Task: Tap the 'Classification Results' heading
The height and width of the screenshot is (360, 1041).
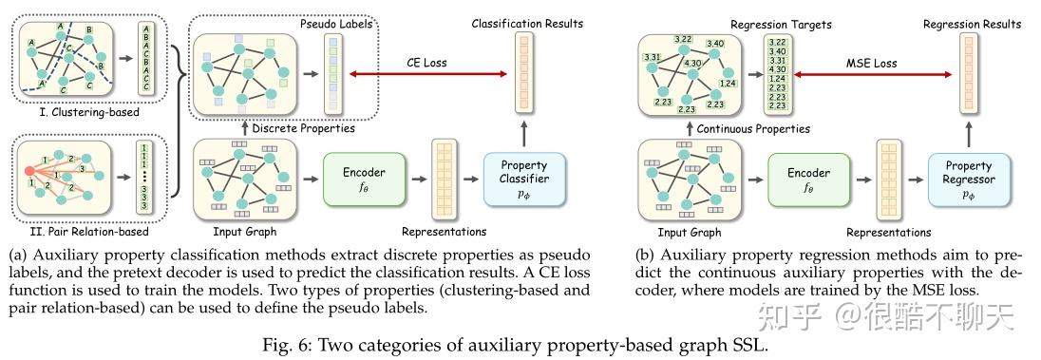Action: [526, 21]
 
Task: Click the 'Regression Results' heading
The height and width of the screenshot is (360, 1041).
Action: [968, 21]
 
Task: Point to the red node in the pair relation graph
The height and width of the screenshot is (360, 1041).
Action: [18, 172]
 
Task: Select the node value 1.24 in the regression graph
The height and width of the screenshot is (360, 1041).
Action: [729, 85]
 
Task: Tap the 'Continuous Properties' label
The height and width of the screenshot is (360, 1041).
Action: [753, 128]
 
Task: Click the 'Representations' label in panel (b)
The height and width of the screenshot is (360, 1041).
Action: [888, 231]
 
